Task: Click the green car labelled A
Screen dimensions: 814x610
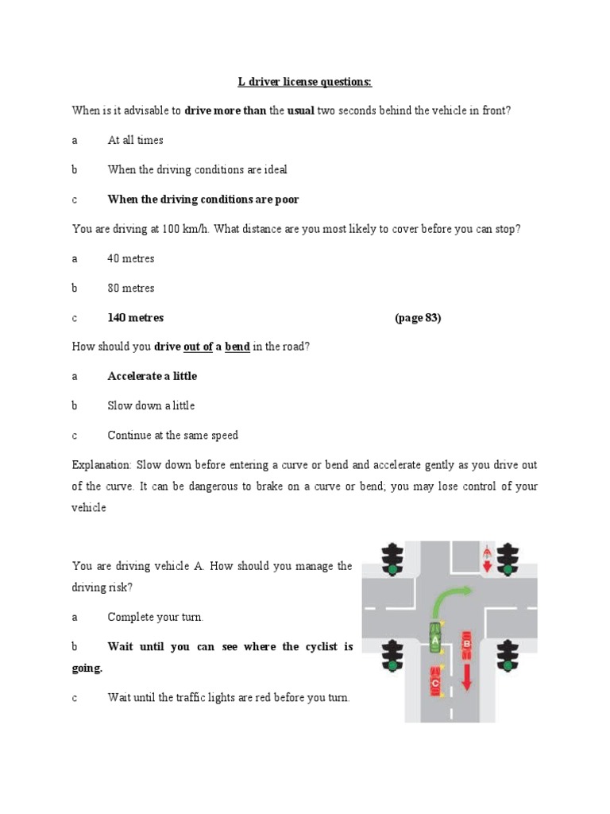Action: (x=434, y=636)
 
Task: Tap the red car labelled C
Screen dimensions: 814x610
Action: (x=435, y=682)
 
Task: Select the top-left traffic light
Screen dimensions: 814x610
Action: (x=392, y=558)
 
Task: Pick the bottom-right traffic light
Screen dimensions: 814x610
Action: (x=506, y=655)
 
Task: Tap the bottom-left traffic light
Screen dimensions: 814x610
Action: (x=392, y=655)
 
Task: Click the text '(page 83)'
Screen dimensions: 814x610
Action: (x=417, y=318)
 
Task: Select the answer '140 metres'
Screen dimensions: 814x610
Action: (x=136, y=318)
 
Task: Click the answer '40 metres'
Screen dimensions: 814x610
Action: (x=131, y=258)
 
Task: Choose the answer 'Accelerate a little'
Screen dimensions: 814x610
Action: (x=152, y=376)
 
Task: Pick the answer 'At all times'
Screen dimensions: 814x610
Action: (x=135, y=140)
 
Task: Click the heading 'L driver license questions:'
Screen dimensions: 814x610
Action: (x=305, y=81)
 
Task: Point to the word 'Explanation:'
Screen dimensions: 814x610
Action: (x=101, y=465)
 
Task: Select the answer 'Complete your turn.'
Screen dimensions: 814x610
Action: (x=155, y=617)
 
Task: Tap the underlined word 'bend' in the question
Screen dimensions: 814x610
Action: (x=237, y=347)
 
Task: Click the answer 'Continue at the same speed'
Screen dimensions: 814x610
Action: (x=172, y=436)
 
